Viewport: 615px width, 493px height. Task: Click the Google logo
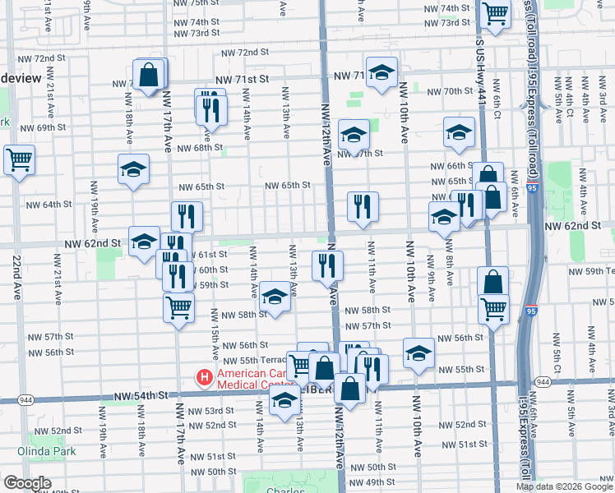tap(27, 483)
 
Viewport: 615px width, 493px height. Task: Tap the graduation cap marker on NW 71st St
tap(381, 75)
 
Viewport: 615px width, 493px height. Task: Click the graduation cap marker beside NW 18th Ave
tap(133, 170)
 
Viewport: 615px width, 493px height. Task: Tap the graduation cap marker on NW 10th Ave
tap(418, 352)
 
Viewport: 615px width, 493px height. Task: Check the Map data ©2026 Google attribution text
tap(563, 486)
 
